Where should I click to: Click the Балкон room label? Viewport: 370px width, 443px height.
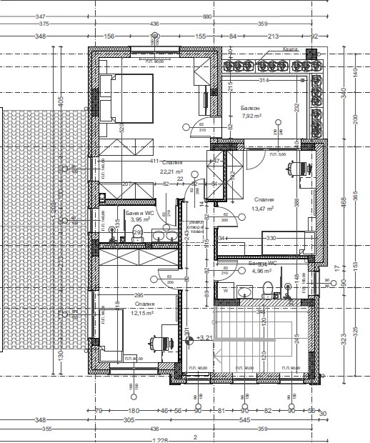coord(251,106)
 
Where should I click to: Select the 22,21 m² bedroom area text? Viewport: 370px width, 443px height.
coord(171,171)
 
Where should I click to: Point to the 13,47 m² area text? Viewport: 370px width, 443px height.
coord(263,209)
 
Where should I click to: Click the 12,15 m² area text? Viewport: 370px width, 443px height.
coord(144,313)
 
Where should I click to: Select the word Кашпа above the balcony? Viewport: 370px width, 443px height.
coord(289,49)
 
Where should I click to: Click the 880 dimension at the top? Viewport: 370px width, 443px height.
coord(207,16)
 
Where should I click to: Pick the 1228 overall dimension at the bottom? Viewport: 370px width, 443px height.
coord(164,439)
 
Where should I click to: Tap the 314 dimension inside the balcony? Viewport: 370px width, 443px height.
coord(266,80)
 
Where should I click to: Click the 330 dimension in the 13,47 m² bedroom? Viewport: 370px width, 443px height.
coord(271,237)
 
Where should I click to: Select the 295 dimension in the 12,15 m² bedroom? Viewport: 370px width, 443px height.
coord(140,295)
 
